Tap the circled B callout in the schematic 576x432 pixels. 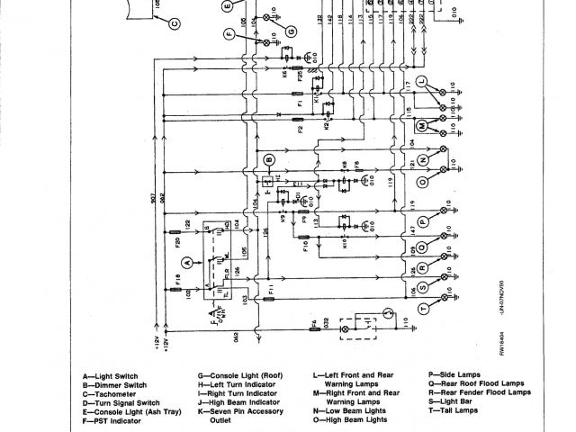coord(267,160)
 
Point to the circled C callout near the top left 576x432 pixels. coord(149,24)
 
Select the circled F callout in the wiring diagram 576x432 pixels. coord(229,36)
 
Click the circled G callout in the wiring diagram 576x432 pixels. coord(291,30)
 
